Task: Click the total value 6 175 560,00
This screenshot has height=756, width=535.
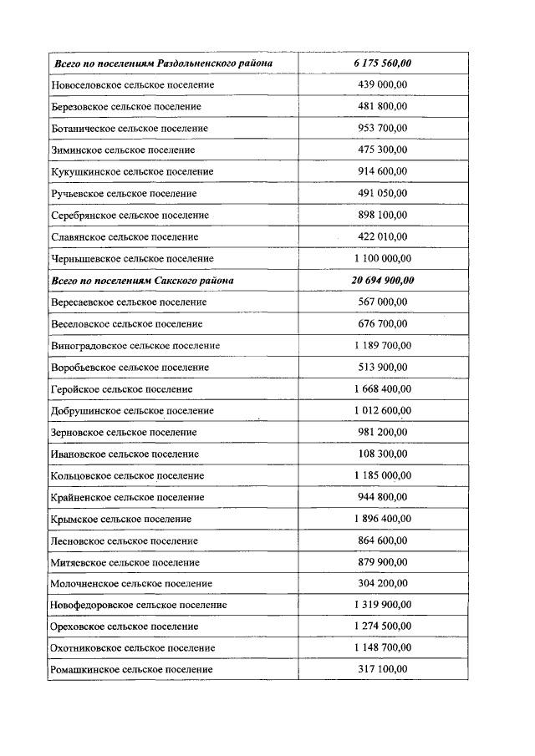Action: click(383, 63)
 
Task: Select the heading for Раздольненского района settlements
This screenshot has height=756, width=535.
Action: click(163, 63)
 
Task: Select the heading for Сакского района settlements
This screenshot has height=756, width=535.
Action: click(143, 280)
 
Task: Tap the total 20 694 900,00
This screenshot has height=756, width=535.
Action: click(383, 280)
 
